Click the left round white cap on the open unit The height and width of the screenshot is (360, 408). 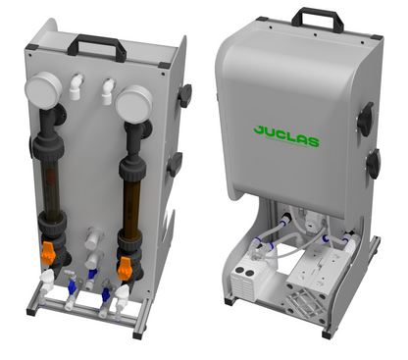(x=47, y=99)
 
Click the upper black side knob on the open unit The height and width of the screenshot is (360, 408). (x=184, y=96)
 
